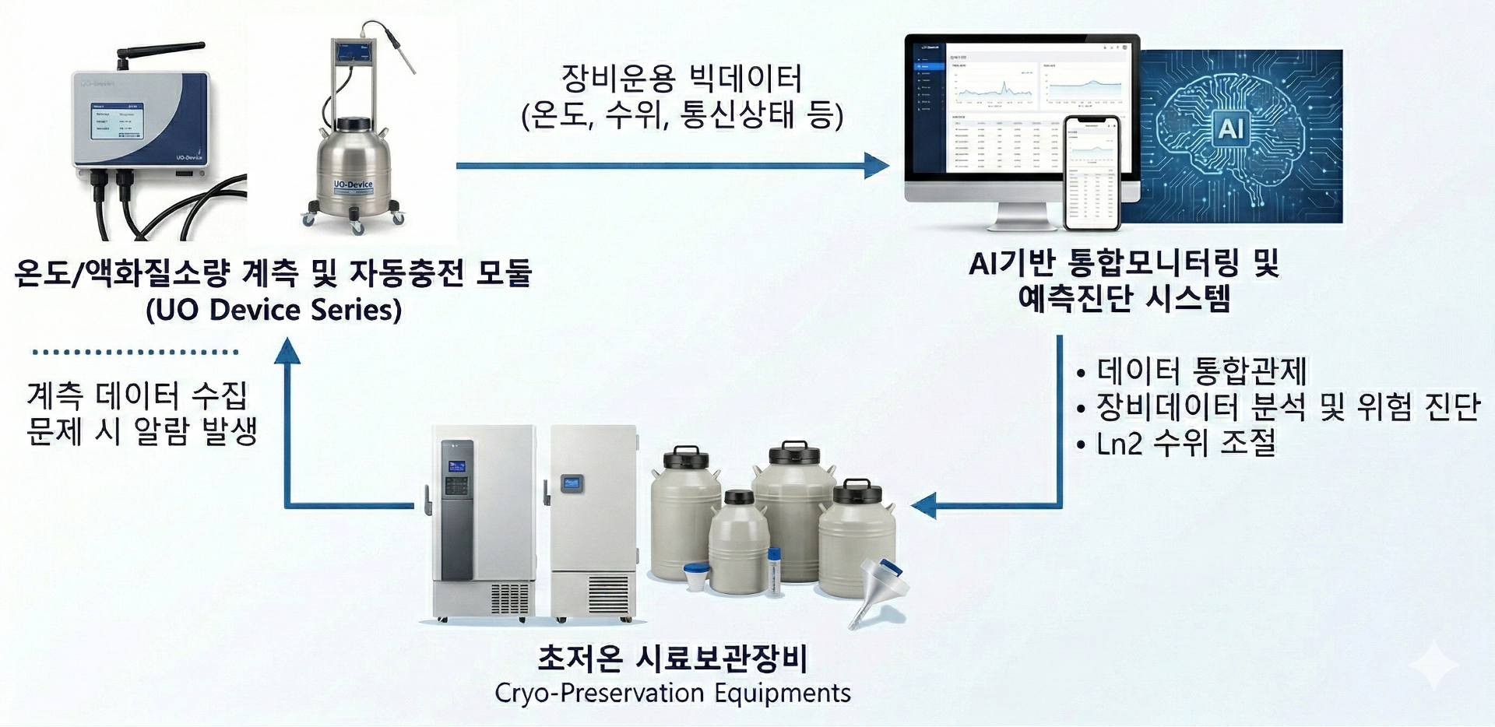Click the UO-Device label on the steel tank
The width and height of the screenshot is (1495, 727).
point(353,184)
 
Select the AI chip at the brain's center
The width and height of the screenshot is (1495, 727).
point(1230,128)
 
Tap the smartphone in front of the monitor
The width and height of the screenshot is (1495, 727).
point(1092,173)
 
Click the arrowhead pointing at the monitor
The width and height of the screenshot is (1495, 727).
point(877,165)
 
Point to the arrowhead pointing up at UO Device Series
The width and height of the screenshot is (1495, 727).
point(287,351)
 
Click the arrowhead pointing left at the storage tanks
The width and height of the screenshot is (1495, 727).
point(923,507)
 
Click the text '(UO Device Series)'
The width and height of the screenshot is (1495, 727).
point(273,310)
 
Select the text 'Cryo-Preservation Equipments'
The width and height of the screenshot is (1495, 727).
point(672,693)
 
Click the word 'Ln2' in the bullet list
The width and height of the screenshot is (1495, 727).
point(1118,444)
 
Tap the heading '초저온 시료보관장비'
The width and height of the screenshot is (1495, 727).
point(672,659)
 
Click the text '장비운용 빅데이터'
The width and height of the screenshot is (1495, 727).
point(681,79)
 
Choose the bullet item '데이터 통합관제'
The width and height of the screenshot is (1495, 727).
point(1201,371)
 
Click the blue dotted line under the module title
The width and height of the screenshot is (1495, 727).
point(135,352)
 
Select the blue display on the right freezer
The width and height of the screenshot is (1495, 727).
point(573,482)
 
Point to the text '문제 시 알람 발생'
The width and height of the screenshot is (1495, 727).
point(142,431)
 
